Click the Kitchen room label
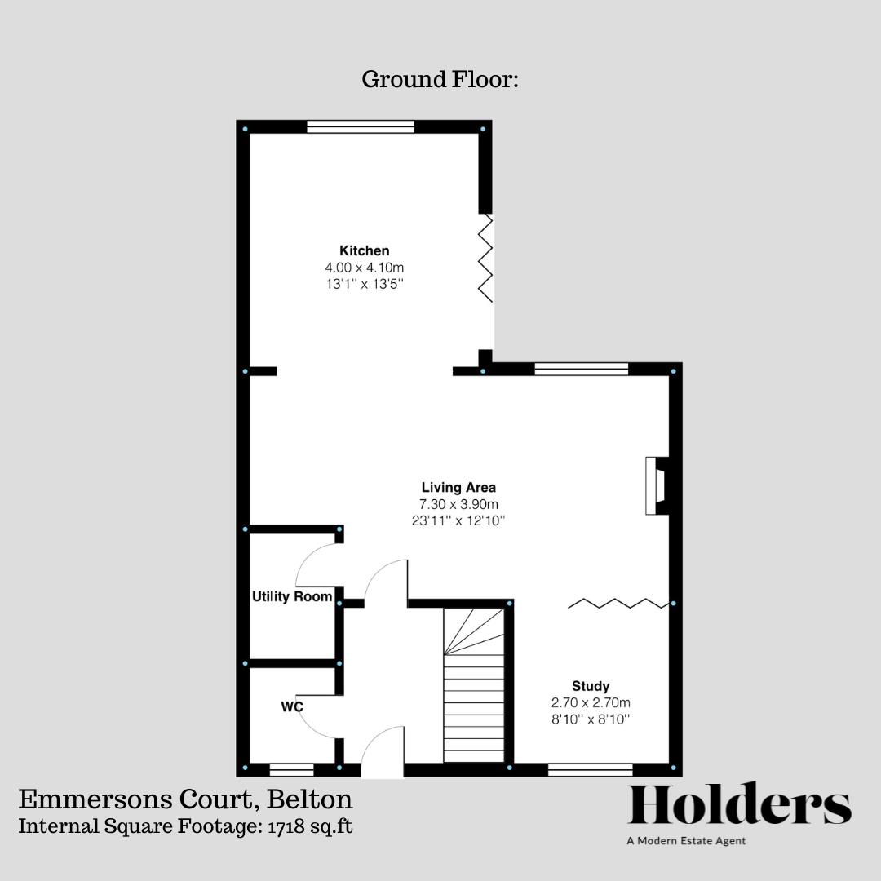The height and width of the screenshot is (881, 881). [365, 250]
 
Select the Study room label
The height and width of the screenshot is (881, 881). [591, 686]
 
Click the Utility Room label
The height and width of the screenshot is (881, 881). [292, 597]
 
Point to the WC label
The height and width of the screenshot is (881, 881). [292, 706]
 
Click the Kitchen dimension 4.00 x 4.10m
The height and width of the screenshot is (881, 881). [365, 268]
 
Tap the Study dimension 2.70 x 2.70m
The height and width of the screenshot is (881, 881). [591, 702]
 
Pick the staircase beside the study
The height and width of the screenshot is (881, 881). [474, 685]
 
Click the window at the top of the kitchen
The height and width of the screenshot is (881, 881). [361, 126]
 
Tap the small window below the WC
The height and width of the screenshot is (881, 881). [292, 769]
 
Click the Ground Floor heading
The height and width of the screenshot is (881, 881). [440, 80]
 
